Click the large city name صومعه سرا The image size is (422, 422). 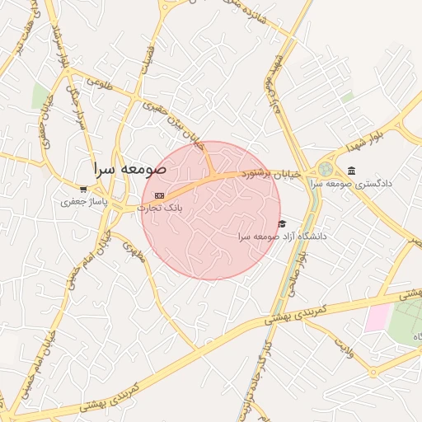(x=129, y=168)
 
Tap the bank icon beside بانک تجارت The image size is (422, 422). (x=158, y=195)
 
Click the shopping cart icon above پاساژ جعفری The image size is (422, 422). (x=83, y=188)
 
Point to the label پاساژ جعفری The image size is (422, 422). (x=83, y=200)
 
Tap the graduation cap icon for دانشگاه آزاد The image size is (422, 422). (x=282, y=223)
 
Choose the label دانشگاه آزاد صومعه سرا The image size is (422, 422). (x=282, y=237)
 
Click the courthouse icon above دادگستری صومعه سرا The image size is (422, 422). (x=352, y=171)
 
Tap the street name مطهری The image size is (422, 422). (x=133, y=250)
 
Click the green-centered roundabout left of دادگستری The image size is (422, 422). (x=325, y=169)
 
